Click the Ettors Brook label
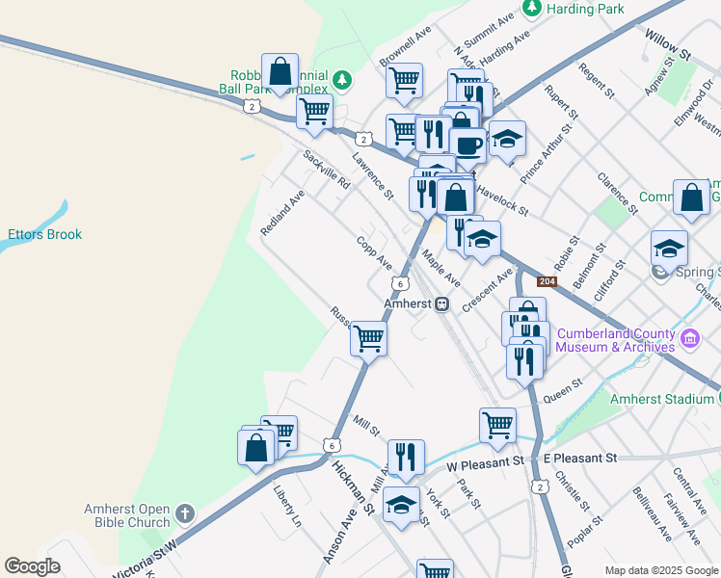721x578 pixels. point(45,234)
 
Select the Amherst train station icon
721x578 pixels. point(441,303)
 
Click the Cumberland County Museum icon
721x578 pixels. point(689,339)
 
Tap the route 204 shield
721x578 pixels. point(547,281)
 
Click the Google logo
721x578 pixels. point(32,566)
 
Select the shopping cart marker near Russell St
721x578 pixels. point(368,338)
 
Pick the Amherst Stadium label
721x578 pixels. point(663,397)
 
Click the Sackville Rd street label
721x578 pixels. point(325,170)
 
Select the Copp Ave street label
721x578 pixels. point(374,252)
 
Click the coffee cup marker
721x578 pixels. point(467,145)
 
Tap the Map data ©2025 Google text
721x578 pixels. point(660,569)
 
